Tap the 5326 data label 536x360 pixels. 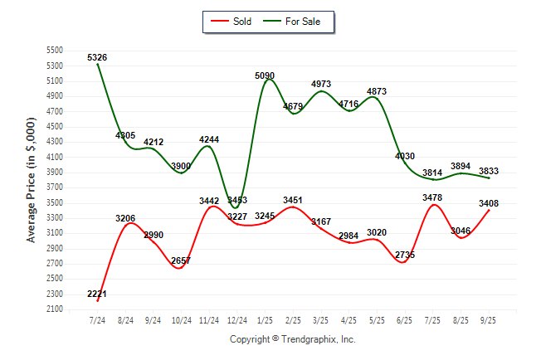coord(97,57)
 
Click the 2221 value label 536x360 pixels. coord(97,294)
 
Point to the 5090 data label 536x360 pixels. coord(265,75)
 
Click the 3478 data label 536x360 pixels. coord(432,197)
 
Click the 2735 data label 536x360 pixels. coord(404,255)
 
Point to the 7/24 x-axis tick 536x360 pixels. coord(97,319)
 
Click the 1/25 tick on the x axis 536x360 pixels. coord(265,319)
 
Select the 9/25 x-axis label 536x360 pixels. coord(489,319)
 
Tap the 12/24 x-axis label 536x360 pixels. coord(236,319)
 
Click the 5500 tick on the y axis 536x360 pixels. coord(54,51)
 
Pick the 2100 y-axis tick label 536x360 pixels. coord(54,309)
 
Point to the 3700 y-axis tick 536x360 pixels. coord(54,173)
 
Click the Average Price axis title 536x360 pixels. coord(32,179)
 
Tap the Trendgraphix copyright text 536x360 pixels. coord(292,339)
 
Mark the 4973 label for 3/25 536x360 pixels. coord(320,84)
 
